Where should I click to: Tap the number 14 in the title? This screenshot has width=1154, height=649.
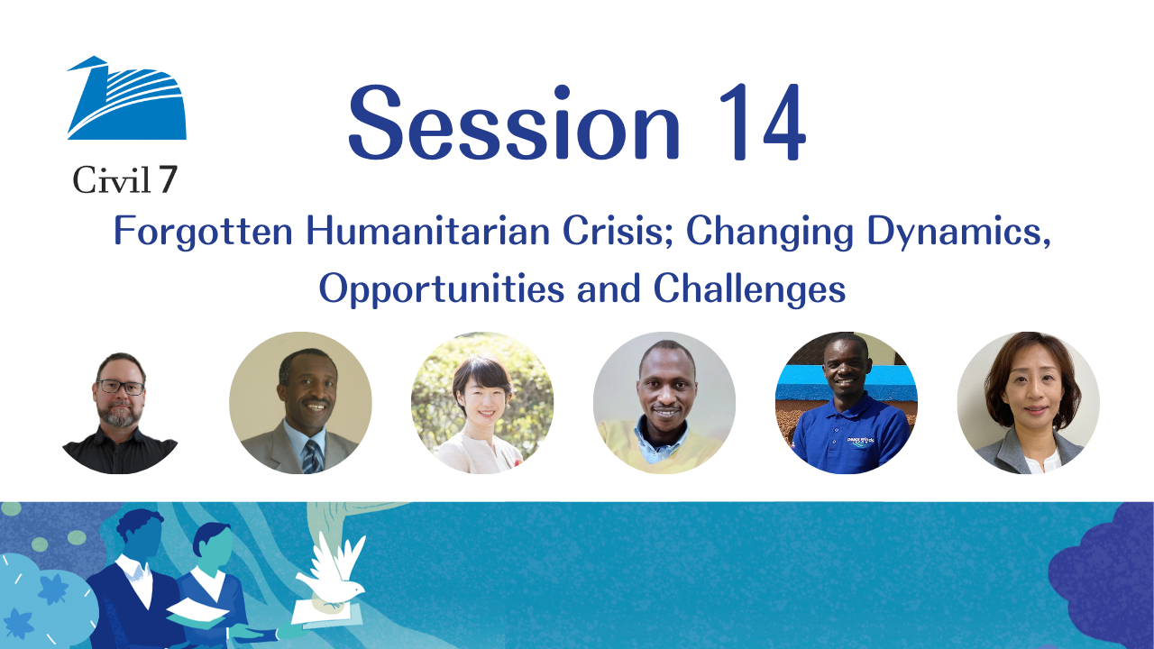coord(763,122)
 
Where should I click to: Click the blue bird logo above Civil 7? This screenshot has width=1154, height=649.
coord(127,98)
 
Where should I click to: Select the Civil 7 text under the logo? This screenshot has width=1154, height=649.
coord(125,179)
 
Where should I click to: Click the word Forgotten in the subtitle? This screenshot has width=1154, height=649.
coord(203,232)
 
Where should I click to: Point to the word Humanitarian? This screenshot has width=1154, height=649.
coord(428,231)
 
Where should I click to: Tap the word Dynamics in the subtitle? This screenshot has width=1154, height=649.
coord(958,232)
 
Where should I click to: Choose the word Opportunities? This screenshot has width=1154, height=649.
coord(442,289)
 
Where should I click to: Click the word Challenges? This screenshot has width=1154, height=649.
coord(749,288)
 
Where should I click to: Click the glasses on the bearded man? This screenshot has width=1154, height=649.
coord(121,387)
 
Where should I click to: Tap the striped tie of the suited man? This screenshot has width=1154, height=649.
coord(312,456)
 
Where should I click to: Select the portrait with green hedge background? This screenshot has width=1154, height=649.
coord(482,403)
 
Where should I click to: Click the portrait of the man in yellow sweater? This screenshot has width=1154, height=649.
coord(664,403)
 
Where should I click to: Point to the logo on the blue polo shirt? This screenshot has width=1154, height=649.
coord(860,442)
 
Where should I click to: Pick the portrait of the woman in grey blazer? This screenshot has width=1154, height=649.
coord(1029,403)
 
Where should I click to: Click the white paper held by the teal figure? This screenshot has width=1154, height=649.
coord(197,611)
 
